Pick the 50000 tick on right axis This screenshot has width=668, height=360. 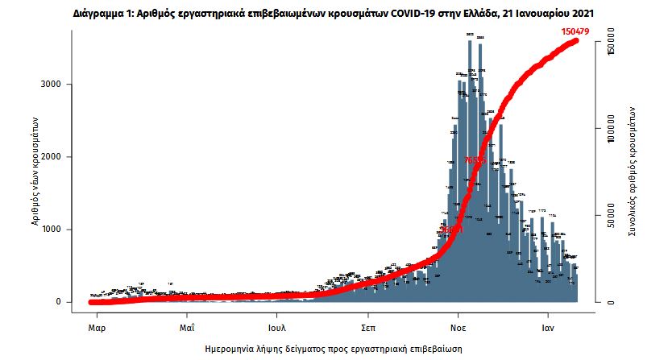(612, 216)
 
